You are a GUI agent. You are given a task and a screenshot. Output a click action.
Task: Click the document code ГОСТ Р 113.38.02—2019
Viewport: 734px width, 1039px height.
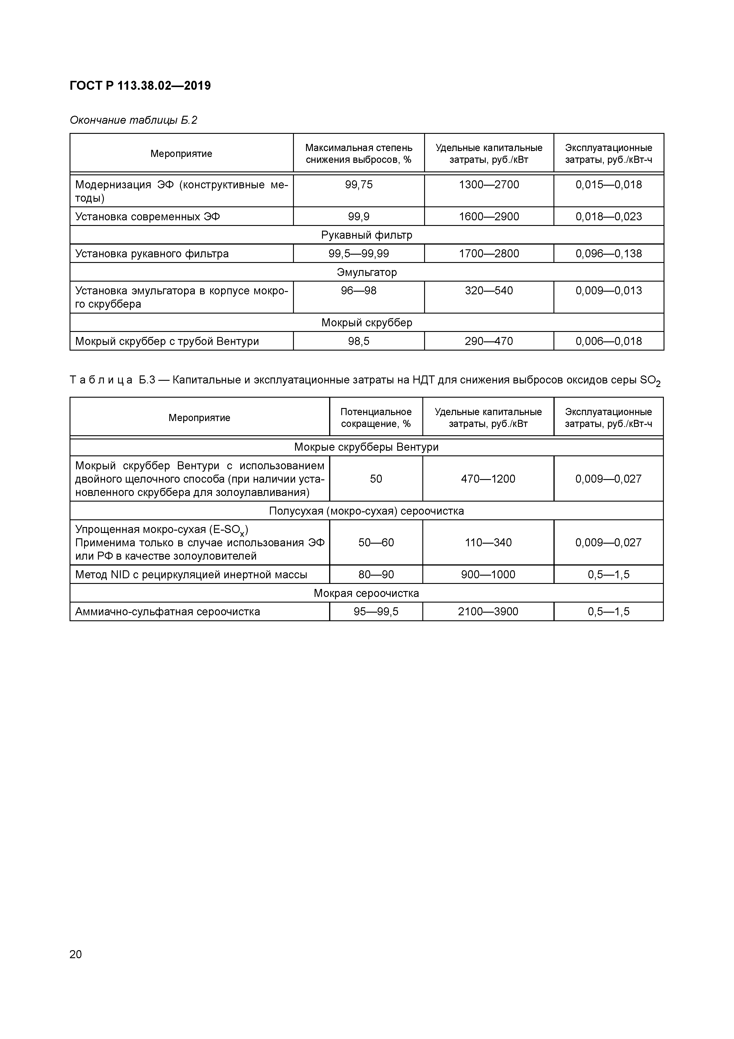[140, 86]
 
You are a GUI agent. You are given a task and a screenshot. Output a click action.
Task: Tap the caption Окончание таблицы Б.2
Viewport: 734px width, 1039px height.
[133, 121]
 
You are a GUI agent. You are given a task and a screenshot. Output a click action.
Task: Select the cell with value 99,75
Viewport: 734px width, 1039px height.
[359, 185]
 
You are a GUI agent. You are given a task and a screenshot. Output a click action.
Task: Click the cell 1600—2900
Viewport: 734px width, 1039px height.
[489, 217]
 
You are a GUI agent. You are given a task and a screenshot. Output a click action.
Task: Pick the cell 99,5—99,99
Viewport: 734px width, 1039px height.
[359, 254]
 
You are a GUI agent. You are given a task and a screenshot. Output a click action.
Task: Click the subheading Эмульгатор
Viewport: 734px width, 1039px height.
[367, 272]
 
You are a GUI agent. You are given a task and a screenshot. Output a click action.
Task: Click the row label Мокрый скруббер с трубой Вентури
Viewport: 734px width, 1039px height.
[167, 341]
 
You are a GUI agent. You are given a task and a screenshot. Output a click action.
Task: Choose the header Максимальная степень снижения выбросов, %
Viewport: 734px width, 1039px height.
[359, 153]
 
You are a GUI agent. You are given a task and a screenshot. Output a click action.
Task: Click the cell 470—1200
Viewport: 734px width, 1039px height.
[488, 479]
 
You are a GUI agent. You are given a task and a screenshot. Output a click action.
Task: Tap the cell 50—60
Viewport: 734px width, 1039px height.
[376, 542]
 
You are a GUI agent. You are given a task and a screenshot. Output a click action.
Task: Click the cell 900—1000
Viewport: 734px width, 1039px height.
[488, 575]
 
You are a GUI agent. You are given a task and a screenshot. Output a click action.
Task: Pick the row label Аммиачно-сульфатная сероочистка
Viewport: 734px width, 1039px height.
[167, 612]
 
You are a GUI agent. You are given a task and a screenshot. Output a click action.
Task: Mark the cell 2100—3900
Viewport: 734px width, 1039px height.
[488, 612]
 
